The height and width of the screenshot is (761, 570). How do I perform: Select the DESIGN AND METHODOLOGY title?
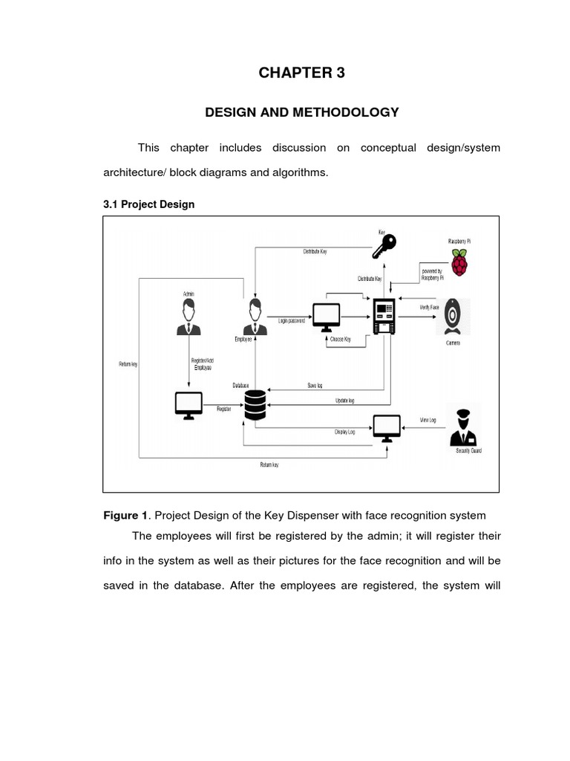tap(301, 112)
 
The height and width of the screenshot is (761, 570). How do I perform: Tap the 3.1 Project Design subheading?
tap(148, 204)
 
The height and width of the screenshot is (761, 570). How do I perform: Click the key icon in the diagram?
tap(385, 246)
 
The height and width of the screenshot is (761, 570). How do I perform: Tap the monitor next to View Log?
tap(387, 427)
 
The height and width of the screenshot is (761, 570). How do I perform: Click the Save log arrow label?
tap(314, 386)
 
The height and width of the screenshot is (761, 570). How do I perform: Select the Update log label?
tap(345, 401)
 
